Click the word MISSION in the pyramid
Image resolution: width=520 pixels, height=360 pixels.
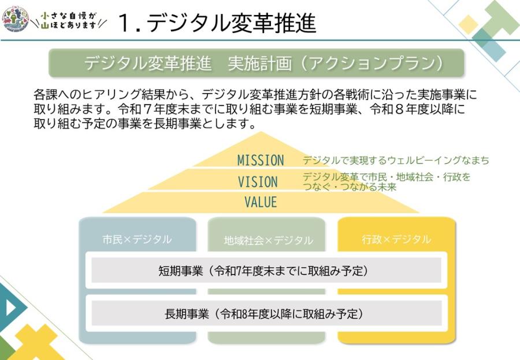(x=261, y=160)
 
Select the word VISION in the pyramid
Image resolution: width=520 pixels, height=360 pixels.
(x=258, y=182)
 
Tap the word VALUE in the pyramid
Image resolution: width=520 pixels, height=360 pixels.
(x=261, y=202)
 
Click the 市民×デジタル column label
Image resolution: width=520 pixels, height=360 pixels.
(x=138, y=239)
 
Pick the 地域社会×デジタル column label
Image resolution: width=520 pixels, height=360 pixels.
(x=268, y=240)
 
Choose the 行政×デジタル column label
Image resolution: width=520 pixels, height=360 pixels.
(x=396, y=239)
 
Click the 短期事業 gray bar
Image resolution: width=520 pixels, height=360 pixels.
(x=266, y=270)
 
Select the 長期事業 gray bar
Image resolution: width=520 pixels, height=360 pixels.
(x=266, y=313)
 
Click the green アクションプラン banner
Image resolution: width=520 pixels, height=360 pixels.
(x=257, y=63)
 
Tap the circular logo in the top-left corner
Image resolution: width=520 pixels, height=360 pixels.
(x=16, y=19)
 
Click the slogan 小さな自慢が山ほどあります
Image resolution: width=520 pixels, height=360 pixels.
(x=68, y=20)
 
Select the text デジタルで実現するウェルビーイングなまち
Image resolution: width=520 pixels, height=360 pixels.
(x=396, y=160)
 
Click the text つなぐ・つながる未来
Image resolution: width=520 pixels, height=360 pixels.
(x=350, y=187)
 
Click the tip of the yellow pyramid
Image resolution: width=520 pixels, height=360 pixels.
(x=261, y=132)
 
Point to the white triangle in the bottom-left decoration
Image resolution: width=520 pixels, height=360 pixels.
(x=10, y=307)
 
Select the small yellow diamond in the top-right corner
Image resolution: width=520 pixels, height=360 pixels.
(x=469, y=24)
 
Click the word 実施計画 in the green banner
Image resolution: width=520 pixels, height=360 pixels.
(x=259, y=64)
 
